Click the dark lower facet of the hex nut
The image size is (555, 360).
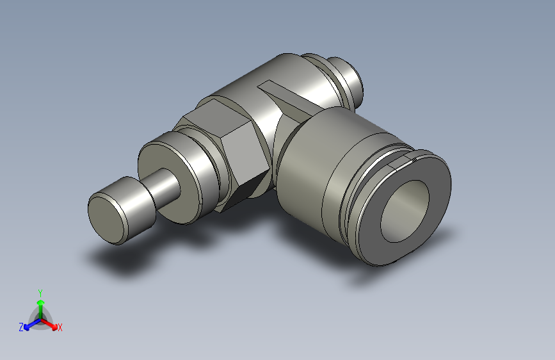point(246,188)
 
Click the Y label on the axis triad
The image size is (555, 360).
point(40,291)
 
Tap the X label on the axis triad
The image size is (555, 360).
point(60,328)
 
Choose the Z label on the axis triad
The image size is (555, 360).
point(21,327)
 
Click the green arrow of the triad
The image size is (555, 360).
point(40,305)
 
